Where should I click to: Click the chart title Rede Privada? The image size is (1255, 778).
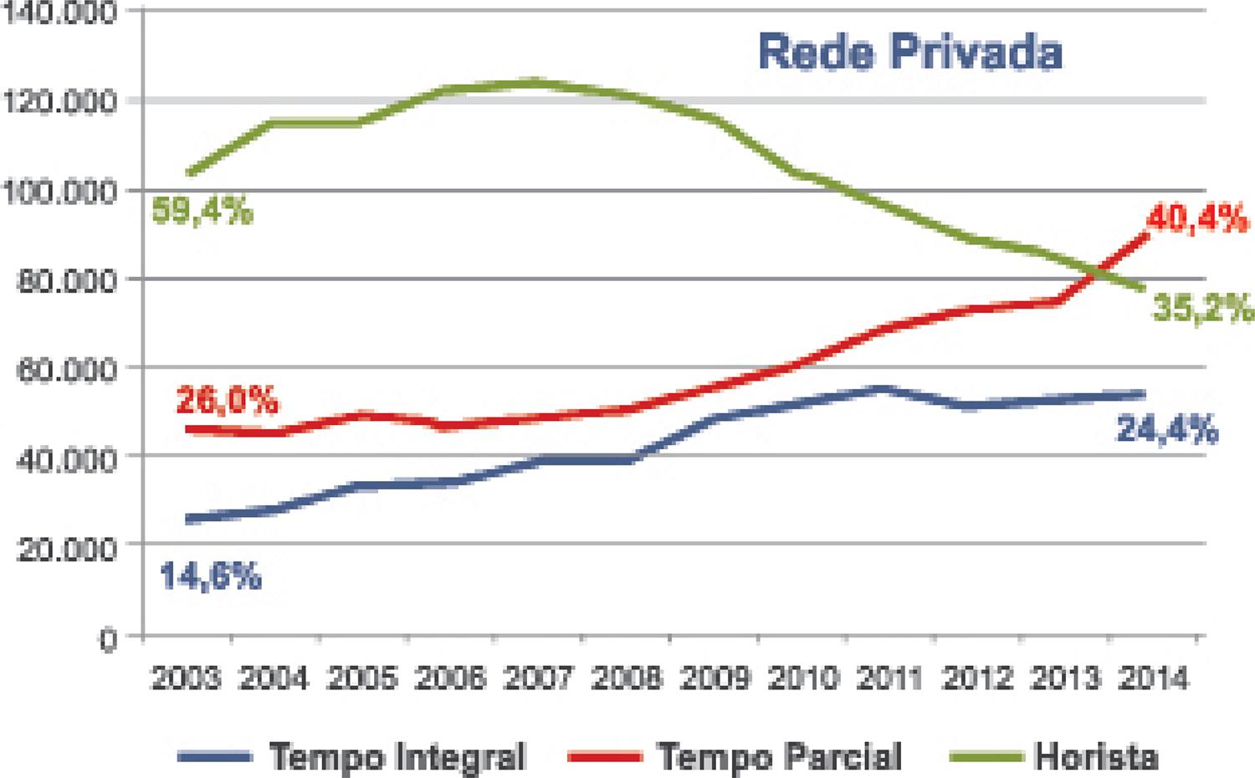point(909,52)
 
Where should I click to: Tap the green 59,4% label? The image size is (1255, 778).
point(202,210)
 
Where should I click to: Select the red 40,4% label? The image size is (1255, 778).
point(1196,219)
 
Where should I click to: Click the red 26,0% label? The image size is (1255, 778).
point(227,401)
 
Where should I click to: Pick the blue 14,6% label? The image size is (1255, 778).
point(210,576)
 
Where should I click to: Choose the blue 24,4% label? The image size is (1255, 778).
point(1167,430)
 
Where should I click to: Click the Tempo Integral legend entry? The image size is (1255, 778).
point(397,756)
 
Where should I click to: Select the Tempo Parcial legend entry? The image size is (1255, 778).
point(779,756)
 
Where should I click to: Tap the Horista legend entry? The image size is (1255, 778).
point(1096,756)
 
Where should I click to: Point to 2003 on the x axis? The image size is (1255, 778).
point(186,678)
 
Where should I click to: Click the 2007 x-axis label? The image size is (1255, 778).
point(537,678)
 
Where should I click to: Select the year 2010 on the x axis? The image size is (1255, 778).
point(802,678)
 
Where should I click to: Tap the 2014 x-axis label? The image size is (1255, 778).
point(1153,678)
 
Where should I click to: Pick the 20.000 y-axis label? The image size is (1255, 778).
point(65,548)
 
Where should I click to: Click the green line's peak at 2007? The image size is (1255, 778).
point(535,82)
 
